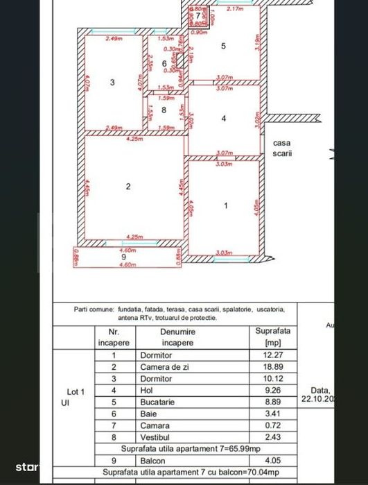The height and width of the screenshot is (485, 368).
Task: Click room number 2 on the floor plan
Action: coord(128,186)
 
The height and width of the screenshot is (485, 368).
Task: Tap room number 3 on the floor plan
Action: coord(112,83)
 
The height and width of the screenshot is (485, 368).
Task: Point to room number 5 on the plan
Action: coord(223,46)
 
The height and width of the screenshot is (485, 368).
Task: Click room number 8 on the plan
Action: coord(164,110)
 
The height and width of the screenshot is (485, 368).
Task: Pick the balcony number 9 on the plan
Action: coord(125,257)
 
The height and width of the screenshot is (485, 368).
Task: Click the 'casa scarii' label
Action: coord(282,148)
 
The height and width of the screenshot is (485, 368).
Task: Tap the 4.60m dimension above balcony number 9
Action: coord(127,250)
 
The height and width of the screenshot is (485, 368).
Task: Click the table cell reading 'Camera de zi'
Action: coord(163,367)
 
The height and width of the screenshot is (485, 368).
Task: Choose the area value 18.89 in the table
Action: coord(272,367)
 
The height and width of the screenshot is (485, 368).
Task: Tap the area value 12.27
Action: coord(272,355)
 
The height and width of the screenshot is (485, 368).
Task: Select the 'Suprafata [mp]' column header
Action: coord(272,337)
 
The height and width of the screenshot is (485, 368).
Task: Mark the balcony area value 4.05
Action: coord(272,459)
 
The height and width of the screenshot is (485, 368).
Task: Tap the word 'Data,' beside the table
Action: coord(316,390)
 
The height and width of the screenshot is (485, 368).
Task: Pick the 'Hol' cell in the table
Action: coord(147,390)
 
